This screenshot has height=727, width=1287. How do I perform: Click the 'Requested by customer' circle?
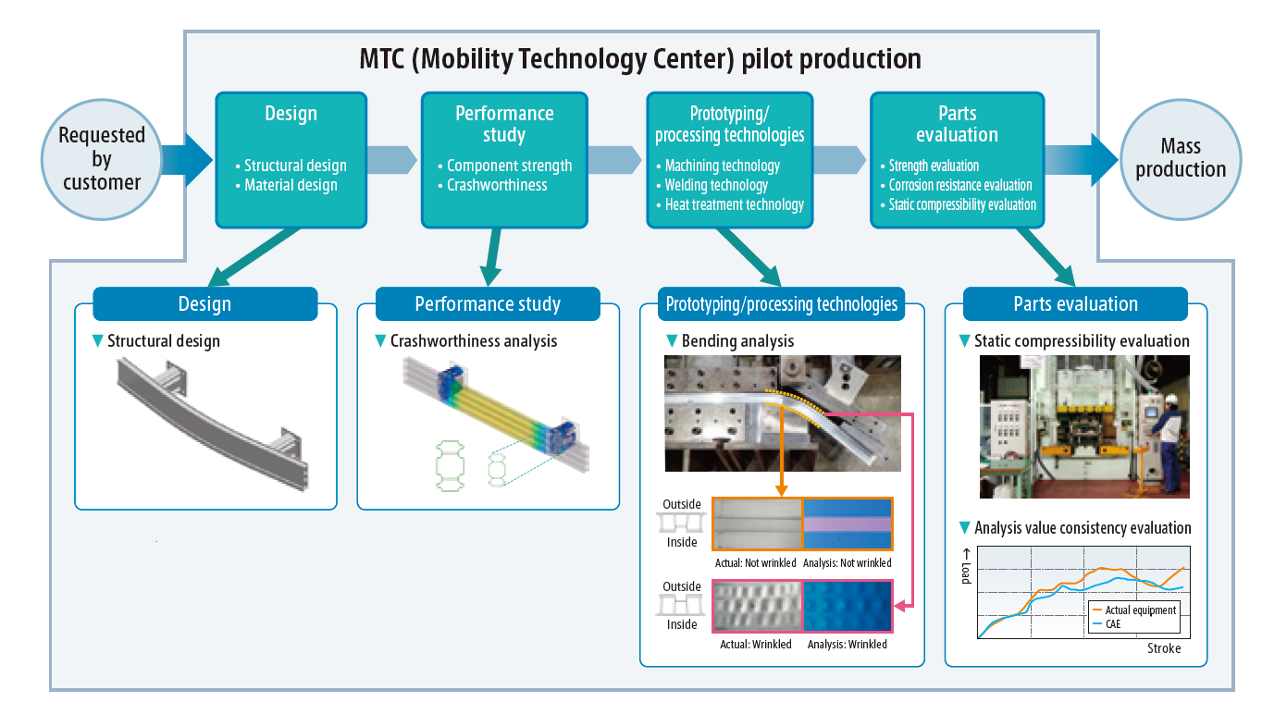point(102,159)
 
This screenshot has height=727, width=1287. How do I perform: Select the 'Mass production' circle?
point(1181,158)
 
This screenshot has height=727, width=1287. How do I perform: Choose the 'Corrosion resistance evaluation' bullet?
point(960,185)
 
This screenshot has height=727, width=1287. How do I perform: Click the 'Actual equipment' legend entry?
point(1140,610)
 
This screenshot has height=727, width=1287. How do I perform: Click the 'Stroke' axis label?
point(1164,648)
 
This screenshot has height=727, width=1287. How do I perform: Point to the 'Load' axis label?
point(965,571)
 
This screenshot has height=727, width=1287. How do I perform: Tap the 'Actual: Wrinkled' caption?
point(756,644)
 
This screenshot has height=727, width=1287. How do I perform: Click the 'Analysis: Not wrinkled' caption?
point(848,562)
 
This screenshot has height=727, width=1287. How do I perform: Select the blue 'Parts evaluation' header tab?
point(1075,304)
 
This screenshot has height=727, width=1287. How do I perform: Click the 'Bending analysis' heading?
point(737,341)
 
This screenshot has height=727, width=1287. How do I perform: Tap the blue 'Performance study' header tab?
point(488,304)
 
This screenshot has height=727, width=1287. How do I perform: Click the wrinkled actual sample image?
point(756,607)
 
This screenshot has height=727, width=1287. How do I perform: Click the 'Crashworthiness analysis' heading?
point(474,341)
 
